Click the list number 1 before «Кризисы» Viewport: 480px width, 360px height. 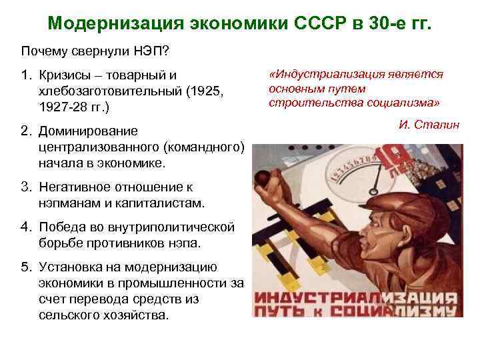26,77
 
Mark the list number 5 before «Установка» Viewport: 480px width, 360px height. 26,268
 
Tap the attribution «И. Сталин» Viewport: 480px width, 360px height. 429,125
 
